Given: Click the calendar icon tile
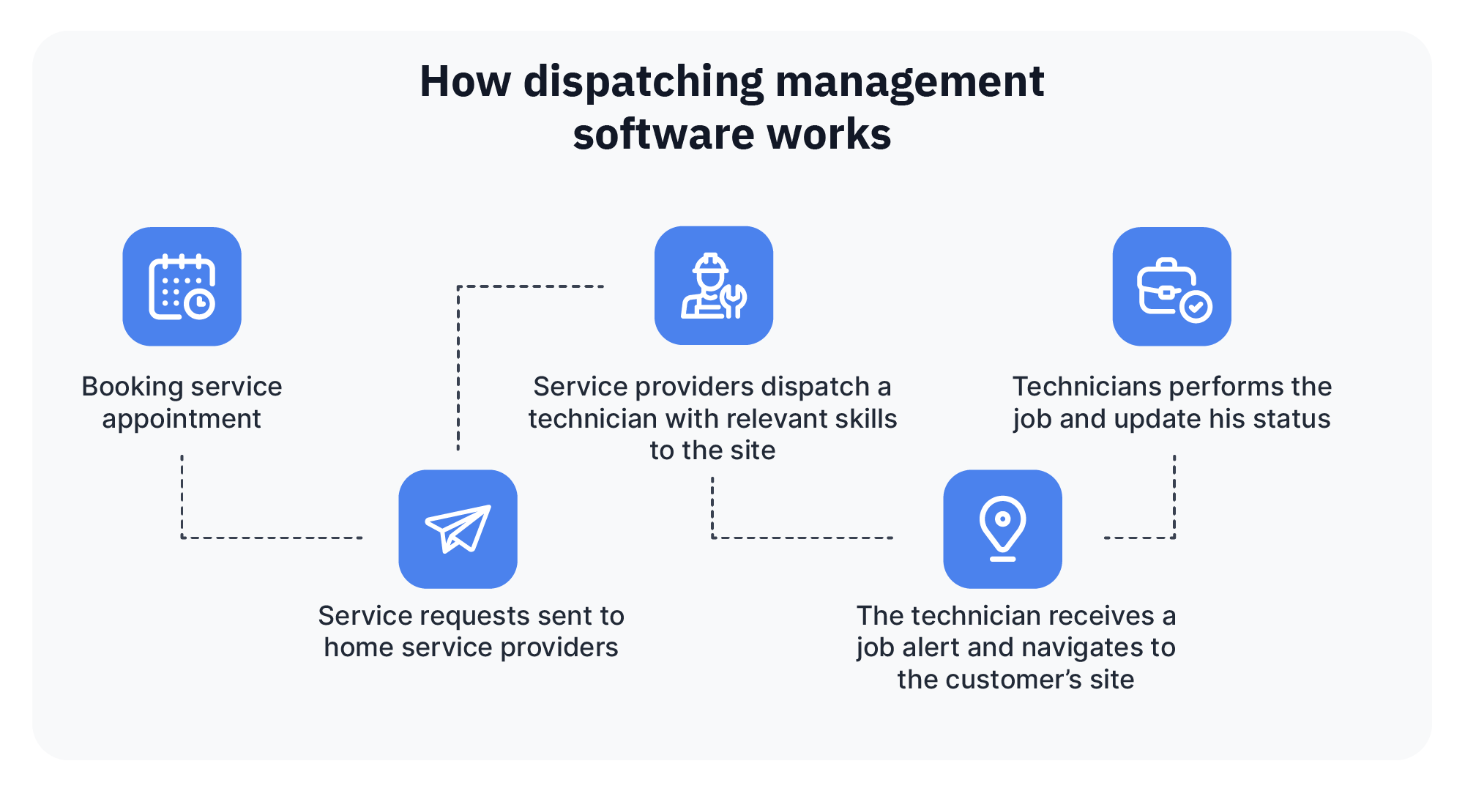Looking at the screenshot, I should click(x=182, y=286).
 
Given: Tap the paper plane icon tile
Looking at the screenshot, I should click(x=458, y=529).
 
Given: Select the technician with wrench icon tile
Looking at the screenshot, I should click(x=713, y=286).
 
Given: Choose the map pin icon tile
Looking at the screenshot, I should click(x=1002, y=529).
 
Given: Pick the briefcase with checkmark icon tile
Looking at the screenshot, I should click(x=1171, y=286).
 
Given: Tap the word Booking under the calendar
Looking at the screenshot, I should click(x=133, y=387).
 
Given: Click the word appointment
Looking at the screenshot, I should click(x=182, y=419).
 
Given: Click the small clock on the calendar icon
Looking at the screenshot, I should click(x=199, y=303).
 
